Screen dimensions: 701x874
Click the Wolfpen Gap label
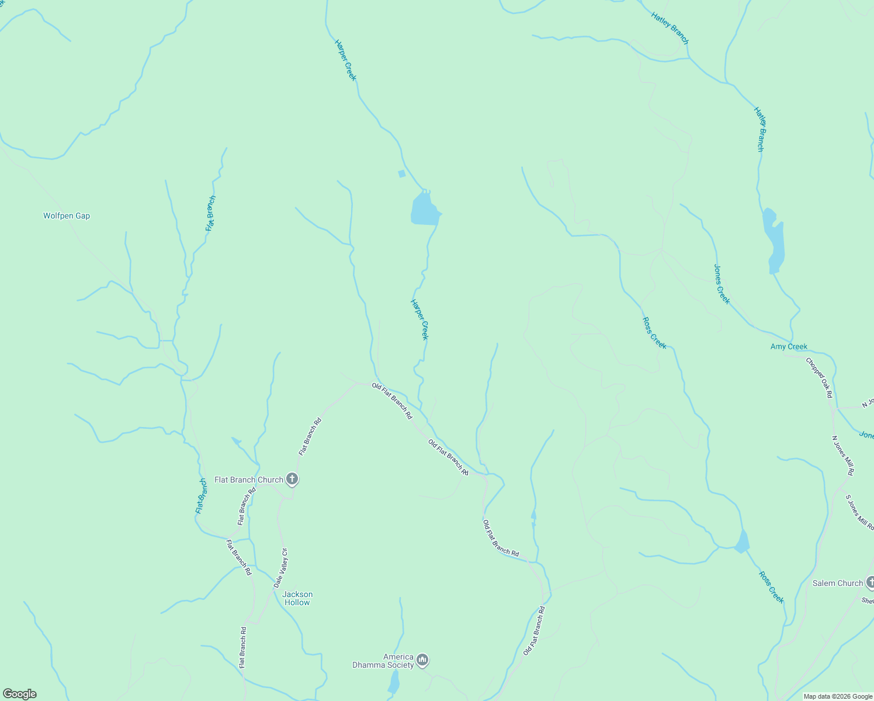[x=67, y=216]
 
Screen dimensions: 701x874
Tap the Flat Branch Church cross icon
[x=292, y=480]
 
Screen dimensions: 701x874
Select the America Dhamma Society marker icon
[x=422, y=661]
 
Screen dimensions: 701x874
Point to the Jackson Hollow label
[x=297, y=598]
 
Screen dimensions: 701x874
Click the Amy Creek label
[x=789, y=346]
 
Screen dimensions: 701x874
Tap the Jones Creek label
[x=722, y=284]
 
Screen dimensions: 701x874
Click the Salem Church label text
[x=837, y=583]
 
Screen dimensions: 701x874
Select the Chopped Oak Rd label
[x=819, y=378]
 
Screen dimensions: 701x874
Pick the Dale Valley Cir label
[x=281, y=568]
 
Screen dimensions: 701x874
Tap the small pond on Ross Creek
[x=743, y=542]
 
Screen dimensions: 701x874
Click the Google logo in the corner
[x=20, y=694]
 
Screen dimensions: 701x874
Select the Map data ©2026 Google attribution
[x=837, y=696]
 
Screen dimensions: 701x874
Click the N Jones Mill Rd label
[x=843, y=455]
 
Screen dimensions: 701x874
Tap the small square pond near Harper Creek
[x=401, y=173]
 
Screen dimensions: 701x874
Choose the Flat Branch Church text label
[x=248, y=480]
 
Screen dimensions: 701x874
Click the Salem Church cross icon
[x=870, y=582]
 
